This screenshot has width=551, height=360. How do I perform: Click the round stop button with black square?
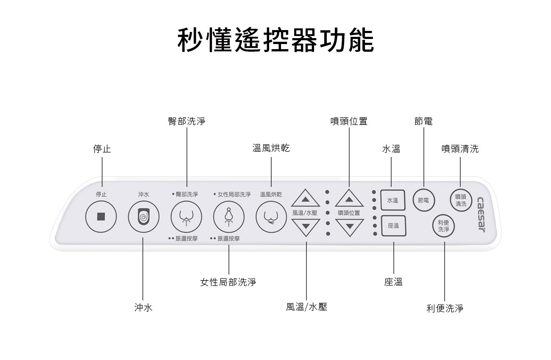[101, 217]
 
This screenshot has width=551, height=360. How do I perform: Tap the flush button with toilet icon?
[144, 217]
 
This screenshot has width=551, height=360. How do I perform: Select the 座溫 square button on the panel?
[393, 226]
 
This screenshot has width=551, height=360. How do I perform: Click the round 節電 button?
[423, 200]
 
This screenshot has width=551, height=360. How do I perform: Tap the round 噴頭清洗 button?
[461, 200]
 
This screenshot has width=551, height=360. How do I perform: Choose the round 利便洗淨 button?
[444, 226]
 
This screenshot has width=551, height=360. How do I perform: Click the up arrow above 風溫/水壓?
[305, 199]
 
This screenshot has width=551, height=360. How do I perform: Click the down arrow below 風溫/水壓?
[305, 227]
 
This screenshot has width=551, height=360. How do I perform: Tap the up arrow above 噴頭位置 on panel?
[349, 199]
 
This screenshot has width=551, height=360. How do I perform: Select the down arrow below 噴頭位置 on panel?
[349, 227]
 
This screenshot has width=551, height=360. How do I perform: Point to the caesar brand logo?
[481, 214]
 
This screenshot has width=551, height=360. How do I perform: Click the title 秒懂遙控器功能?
[275, 41]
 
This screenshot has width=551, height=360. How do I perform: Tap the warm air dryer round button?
[271, 217]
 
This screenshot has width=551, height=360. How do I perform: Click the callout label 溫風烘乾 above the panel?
[271, 148]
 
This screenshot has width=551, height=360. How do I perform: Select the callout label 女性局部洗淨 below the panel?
[228, 282]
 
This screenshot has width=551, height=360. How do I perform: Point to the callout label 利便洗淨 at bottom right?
[445, 308]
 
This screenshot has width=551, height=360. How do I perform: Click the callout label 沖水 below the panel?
[143, 308]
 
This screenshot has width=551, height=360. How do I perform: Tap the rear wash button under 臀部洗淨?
[186, 217]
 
